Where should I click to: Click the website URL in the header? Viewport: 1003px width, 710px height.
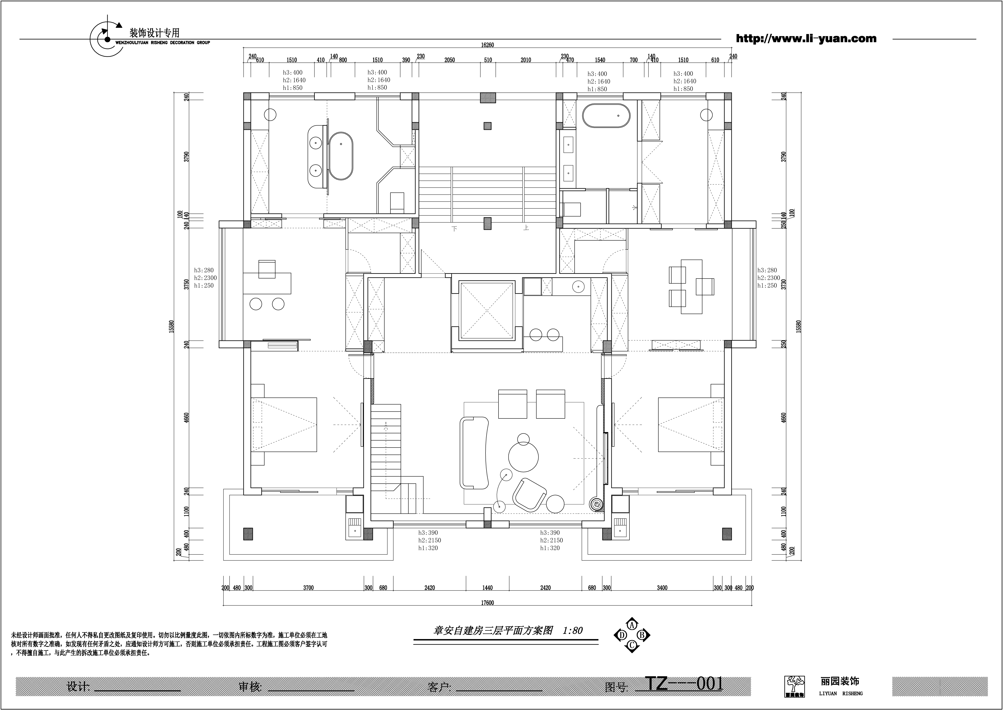[x=806, y=38]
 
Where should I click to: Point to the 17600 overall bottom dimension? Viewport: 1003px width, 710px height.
[x=487, y=603]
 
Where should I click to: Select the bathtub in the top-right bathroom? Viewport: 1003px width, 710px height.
[x=606, y=116]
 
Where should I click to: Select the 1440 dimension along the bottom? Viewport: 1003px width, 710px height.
[x=487, y=588]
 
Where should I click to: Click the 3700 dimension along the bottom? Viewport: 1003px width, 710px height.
[x=309, y=588]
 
